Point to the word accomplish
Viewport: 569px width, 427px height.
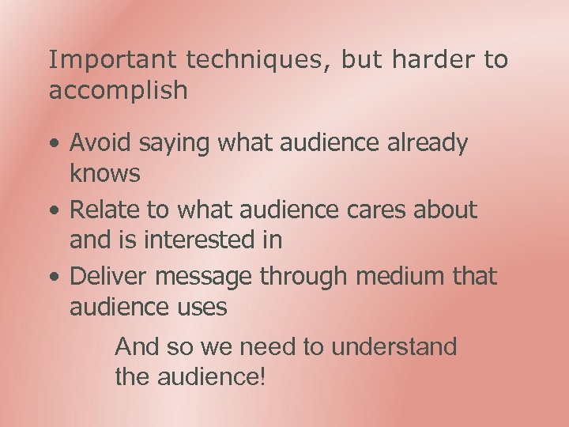click(119, 91)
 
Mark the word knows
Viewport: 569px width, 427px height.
click(105, 173)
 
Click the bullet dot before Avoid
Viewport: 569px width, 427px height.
click(53, 145)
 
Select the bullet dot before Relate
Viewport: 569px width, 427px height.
click(53, 211)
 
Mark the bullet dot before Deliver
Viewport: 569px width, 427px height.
click(53, 278)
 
